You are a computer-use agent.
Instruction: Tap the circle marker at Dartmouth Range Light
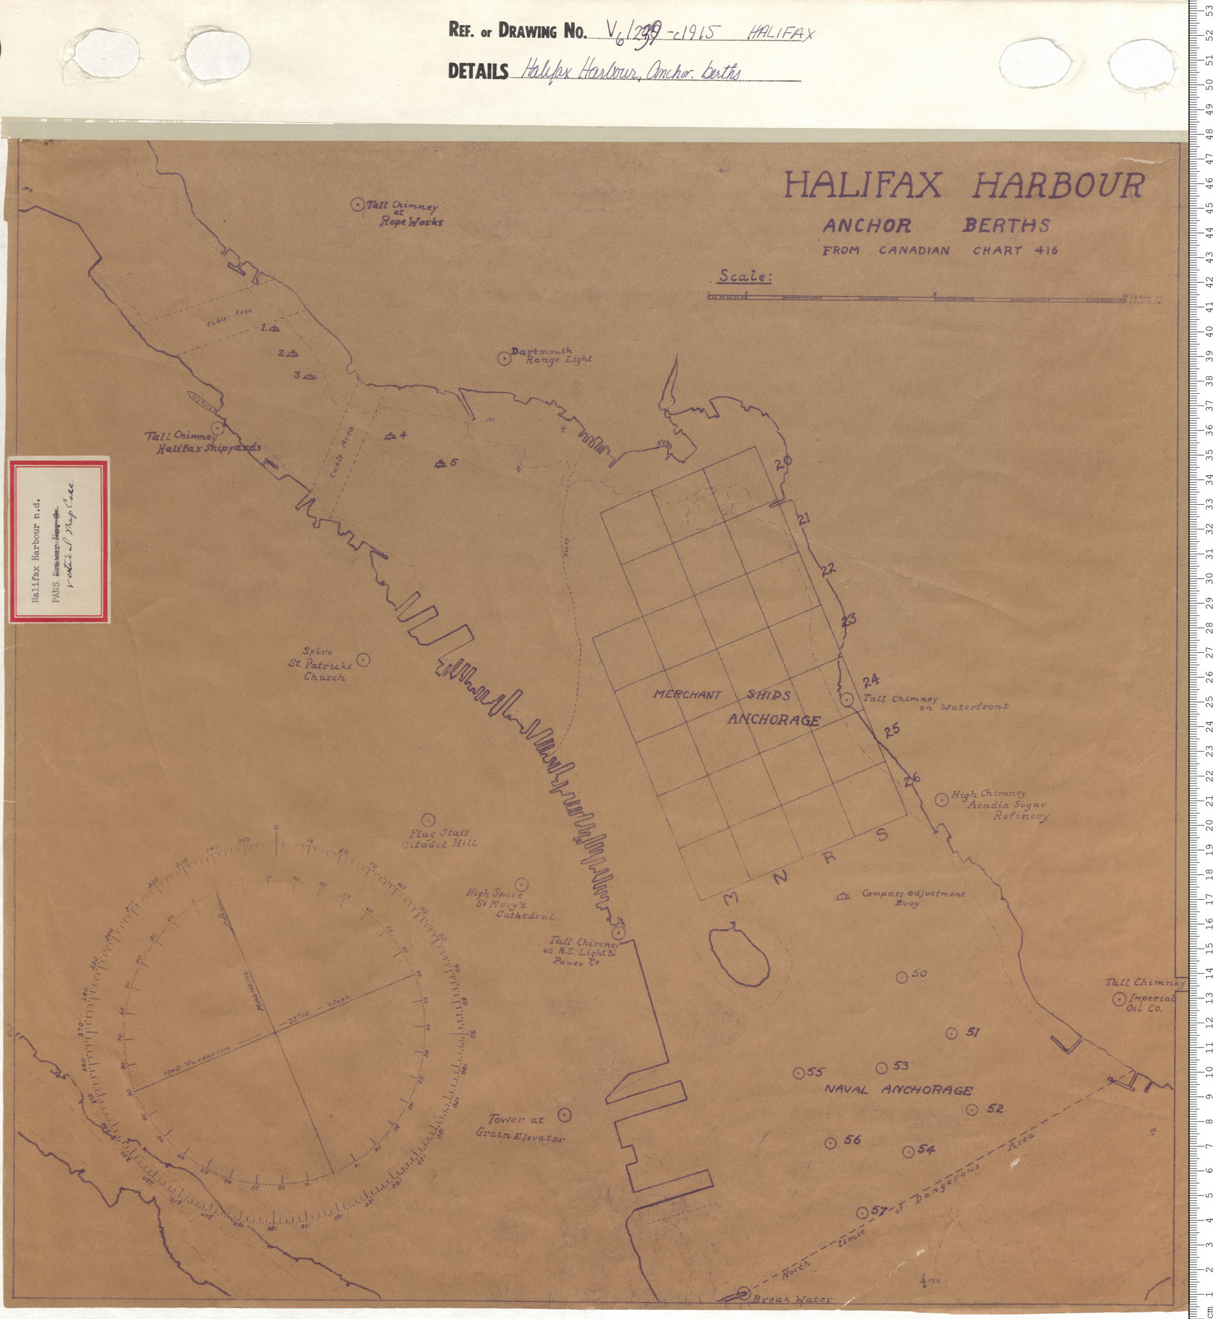point(504,358)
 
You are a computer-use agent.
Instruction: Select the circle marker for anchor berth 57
point(862,1213)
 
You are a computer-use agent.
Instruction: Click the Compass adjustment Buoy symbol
point(842,897)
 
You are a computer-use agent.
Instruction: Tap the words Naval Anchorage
point(898,1090)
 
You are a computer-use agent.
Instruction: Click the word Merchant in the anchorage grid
point(687,695)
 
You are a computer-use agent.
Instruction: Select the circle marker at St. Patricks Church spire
point(362,659)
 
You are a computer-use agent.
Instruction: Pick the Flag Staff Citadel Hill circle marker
point(428,819)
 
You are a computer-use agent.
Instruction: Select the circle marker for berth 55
point(798,1073)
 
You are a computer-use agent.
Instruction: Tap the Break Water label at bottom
point(792,1299)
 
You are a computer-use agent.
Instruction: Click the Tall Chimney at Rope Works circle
point(357,204)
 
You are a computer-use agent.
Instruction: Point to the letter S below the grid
point(882,836)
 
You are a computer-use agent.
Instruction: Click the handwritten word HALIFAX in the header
point(781,33)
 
